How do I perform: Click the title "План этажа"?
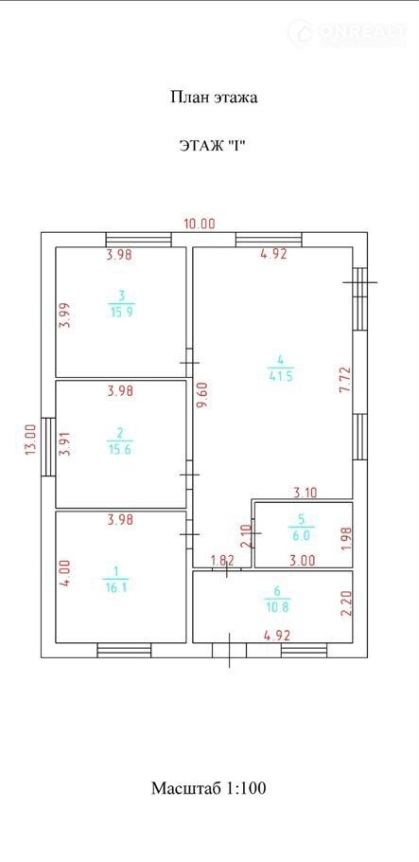point(214,98)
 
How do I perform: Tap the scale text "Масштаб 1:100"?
point(209,788)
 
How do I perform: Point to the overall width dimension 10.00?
point(200,224)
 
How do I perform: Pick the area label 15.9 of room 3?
point(122,311)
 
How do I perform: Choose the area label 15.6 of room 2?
point(120,449)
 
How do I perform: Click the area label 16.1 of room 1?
point(116,587)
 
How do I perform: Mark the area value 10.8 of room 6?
point(277,608)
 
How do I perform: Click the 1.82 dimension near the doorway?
point(223,561)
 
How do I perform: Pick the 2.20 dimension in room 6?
point(345,602)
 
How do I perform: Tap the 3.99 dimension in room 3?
point(65,315)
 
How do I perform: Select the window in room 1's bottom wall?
point(124,651)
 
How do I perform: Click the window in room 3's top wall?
point(138,240)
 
